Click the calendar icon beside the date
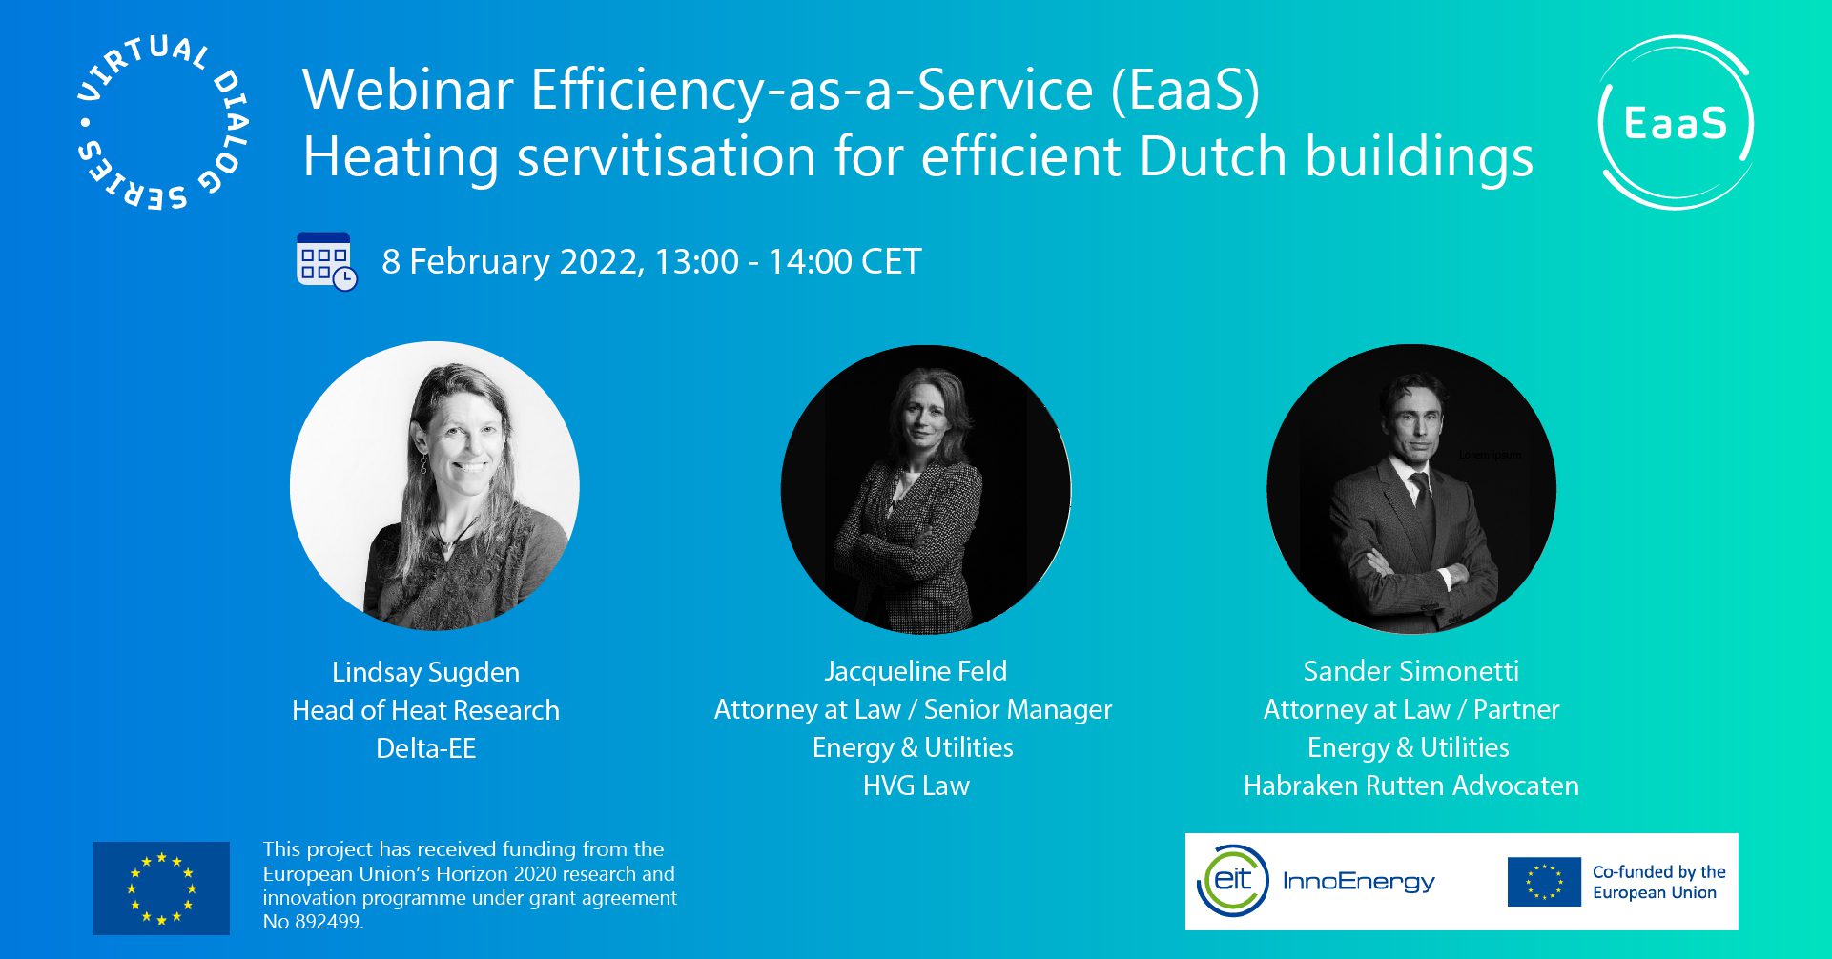pyautogui.click(x=326, y=261)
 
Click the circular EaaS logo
pyautogui.click(x=1676, y=123)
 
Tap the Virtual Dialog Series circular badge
pyautogui.click(x=161, y=123)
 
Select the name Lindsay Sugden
pyautogui.click(x=425, y=672)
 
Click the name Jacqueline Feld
pyautogui.click(x=915, y=671)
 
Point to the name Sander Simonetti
pyautogui.click(x=1410, y=671)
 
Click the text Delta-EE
pyautogui.click(x=425, y=748)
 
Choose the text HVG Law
pyautogui.click(x=916, y=786)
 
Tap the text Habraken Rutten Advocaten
pyautogui.click(x=1410, y=786)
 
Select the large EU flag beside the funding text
pyautogui.click(x=161, y=888)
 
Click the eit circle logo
pyautogui.click(x=1232, y=880)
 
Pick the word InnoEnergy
pyautogui.click(x=1358, y=881)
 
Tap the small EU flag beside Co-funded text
pyautogui.click(x=1543, y=882)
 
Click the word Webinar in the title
pyautogui.click(x=408, y=91)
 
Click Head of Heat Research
pyautogui.click(x=425, y=710)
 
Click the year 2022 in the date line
pyautogui.click(x=599, y=261)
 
